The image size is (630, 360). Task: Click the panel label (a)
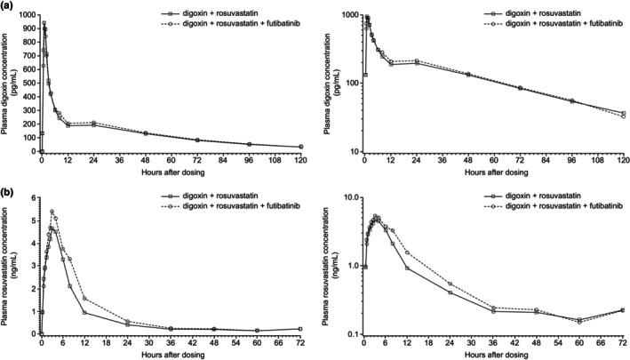(8, 7)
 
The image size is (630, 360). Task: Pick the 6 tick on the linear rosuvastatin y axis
(33, 197)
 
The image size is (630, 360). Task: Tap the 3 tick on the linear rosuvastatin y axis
(33, 266)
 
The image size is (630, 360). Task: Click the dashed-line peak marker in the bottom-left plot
(52, 212)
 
